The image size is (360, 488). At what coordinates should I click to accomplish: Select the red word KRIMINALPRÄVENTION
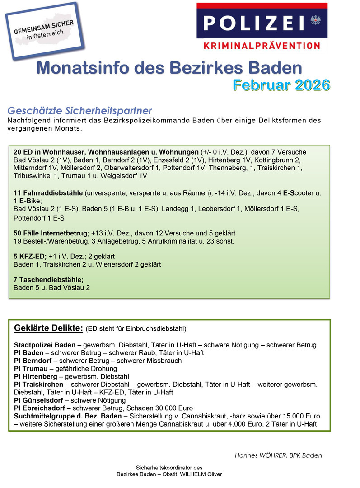click(262, 46)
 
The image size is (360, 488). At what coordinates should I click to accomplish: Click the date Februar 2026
click(281, 84)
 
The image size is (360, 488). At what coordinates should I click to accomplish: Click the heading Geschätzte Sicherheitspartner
click(79, 111)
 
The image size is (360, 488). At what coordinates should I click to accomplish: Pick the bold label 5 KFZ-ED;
click(30, 256)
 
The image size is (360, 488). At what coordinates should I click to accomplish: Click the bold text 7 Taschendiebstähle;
click(49, 280)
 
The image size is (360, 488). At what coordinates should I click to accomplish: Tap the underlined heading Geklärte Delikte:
click(48, 328)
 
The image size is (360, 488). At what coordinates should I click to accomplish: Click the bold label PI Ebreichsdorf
click(39, 408)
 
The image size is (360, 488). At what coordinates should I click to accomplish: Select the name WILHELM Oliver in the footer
click(199, 474)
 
